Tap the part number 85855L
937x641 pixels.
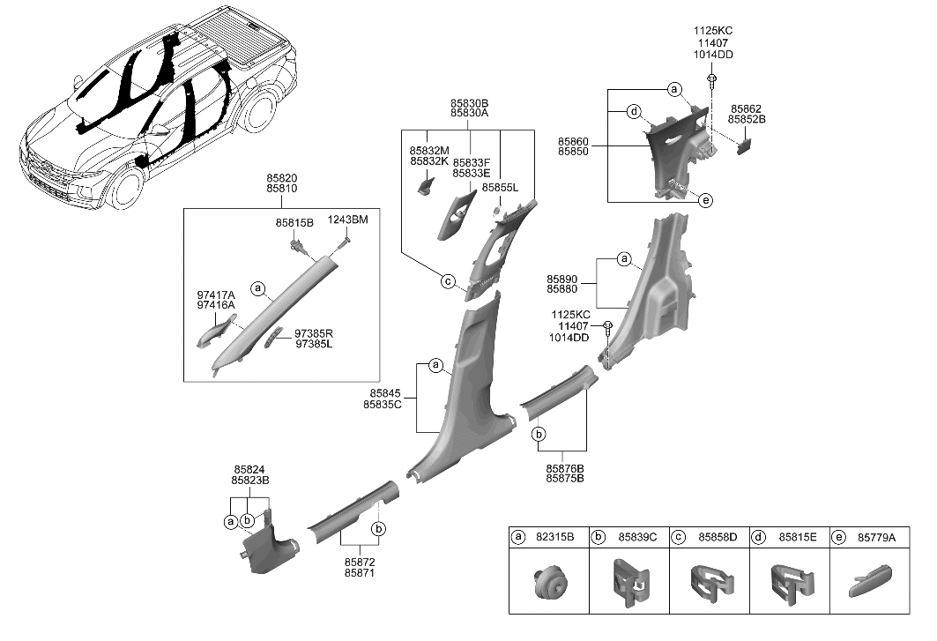pos(500,188)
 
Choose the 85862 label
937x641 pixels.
pos(746,108)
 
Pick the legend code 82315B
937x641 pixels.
pos(555,536)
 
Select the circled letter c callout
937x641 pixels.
pos(447,281)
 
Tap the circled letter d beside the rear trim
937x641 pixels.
pos(633,112)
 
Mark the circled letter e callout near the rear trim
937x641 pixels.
pos(705,201)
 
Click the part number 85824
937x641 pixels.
pos(250,470)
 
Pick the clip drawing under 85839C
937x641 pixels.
pos(629,584)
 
